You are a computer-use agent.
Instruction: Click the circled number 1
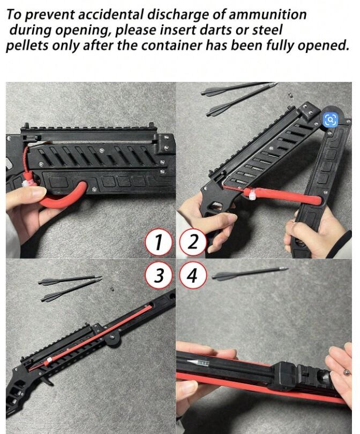pos(158,242)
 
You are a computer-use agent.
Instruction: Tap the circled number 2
pos(193,242)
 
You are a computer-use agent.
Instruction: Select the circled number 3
pos(158,276)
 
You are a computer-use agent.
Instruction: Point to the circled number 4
pos(193,276)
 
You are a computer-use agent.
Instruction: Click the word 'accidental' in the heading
pos(111,14)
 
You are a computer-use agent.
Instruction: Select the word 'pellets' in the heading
pos(27,45)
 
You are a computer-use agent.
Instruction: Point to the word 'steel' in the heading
pos(267,30)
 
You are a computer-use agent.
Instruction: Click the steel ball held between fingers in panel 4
pos(346,372)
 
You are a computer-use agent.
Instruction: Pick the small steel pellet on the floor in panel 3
pos(112,289)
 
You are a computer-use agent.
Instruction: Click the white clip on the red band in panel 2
pos(253,194)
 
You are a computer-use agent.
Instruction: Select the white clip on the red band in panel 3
pos(49,360)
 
